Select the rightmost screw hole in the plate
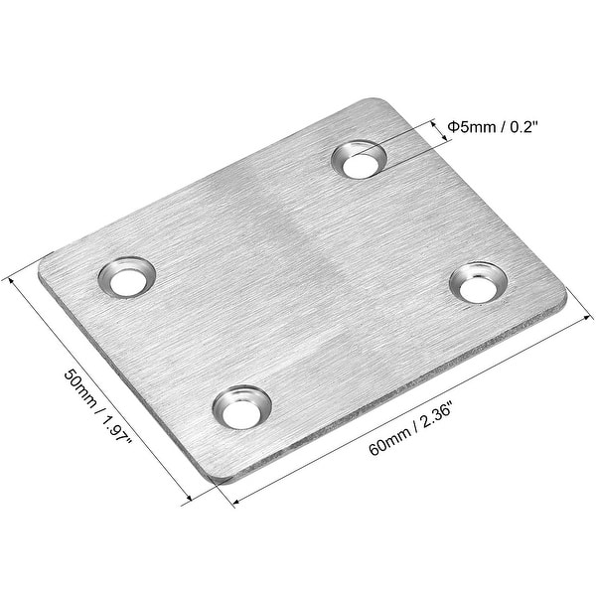475,283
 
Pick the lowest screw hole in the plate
242,407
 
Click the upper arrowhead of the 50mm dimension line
12,278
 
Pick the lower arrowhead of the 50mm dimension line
187,503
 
